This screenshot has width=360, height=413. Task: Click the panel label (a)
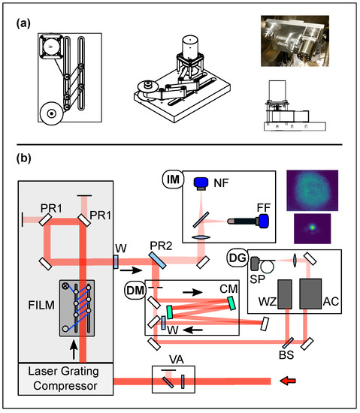click(23, 23)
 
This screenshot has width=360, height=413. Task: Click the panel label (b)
click(24, 158)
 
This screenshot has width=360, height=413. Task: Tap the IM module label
click(173, 179)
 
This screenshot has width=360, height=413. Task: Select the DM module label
click(135, 291)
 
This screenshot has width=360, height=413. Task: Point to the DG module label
click(237, 258)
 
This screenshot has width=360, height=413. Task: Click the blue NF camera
click(201, 183)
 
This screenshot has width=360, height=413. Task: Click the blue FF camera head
click(263, 221)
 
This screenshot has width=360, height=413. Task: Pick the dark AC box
click(310, 294)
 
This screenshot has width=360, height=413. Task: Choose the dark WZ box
click(285, 294)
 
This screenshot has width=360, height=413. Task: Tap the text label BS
click(286, 355)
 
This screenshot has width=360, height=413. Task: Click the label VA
click(177, 360)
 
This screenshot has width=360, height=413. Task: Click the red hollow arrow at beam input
click(288, 381)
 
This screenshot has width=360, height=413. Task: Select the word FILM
click(41, 306)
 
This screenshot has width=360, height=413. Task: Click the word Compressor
click(65, 386)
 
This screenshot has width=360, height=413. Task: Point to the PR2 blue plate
click(157, 261)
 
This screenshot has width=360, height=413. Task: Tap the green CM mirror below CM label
click(231, 303)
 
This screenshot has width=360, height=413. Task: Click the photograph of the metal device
click(295, 41)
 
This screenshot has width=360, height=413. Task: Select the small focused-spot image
click(313, 228)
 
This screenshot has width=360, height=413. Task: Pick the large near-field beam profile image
click(313, 190)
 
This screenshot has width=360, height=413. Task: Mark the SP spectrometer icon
click(256, 264)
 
